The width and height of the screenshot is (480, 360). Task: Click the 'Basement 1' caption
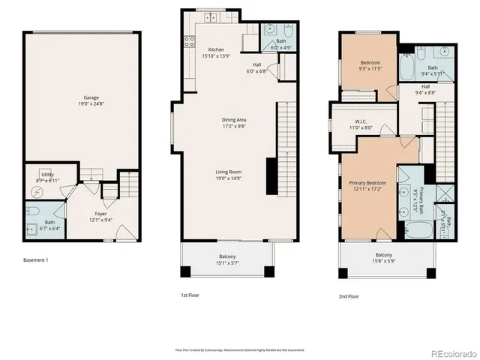click(35, 260)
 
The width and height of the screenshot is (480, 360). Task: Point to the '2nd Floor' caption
click(349, 296)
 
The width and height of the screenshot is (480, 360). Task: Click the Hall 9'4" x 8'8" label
click(425, 89)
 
